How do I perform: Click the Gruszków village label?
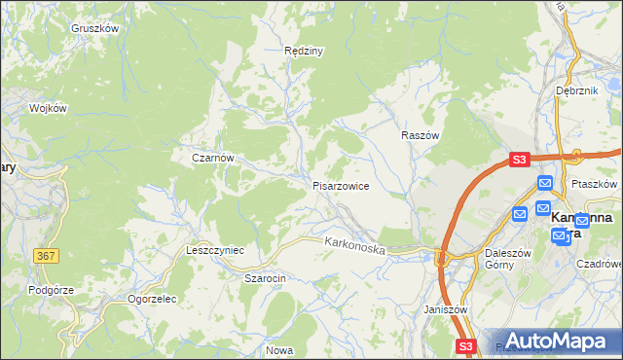[x=94, y=28]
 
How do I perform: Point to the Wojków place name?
[x=48, y=108]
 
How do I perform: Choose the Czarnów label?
[x=212, y=157]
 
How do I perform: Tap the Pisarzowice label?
[x=340, y=185]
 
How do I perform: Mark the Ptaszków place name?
[x=597, y=183]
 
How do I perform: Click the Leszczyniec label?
[x=214, y=250]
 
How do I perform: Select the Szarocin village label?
[x=264, y=277]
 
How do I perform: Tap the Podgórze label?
[x=52, y=289]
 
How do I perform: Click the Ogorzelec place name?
[x=152, y=299]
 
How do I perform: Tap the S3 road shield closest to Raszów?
[x=519, y=160]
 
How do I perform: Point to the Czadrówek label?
[x=599, y=263]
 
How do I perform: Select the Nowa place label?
[x=279, y=349]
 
